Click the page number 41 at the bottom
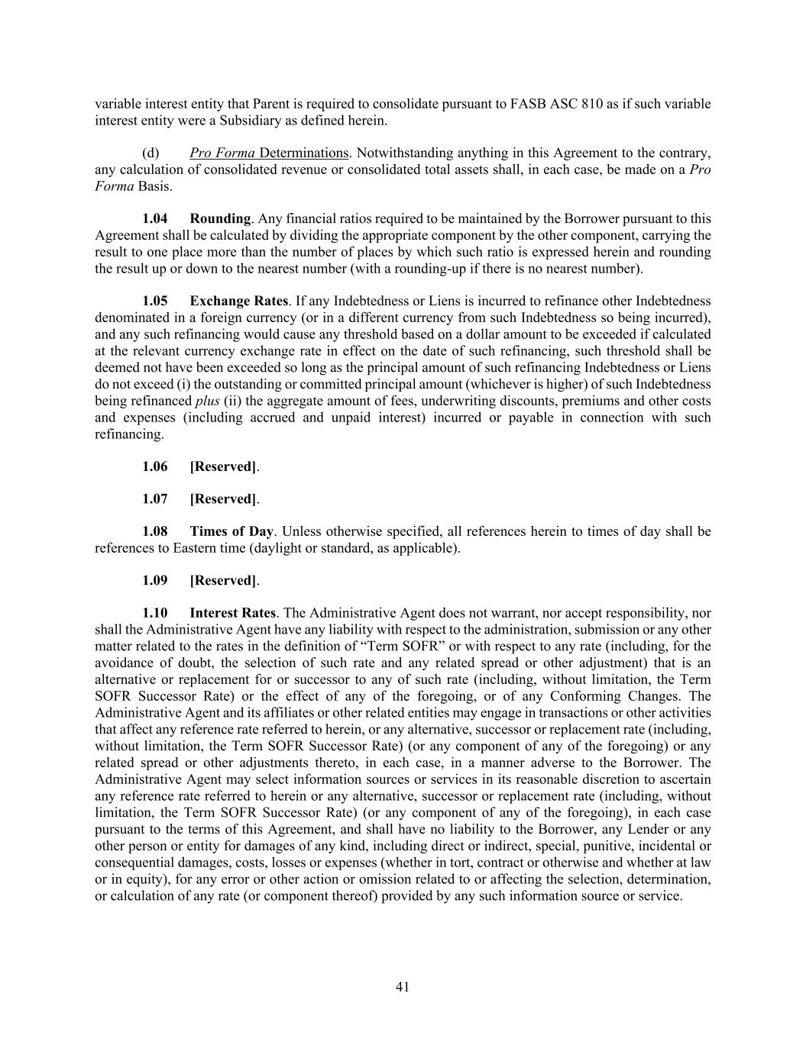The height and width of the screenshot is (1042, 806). [403, 987]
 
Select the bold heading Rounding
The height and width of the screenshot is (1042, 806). [220, 219]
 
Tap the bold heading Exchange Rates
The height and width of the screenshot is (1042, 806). [239, 301]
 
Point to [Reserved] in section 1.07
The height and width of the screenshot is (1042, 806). [223, 499]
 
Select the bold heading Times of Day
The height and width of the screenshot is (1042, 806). [231, 531]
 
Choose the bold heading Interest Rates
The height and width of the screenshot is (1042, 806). [232, 613]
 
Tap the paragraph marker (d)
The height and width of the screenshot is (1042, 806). [151, 153]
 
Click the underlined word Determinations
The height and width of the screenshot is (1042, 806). [303, 153]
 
